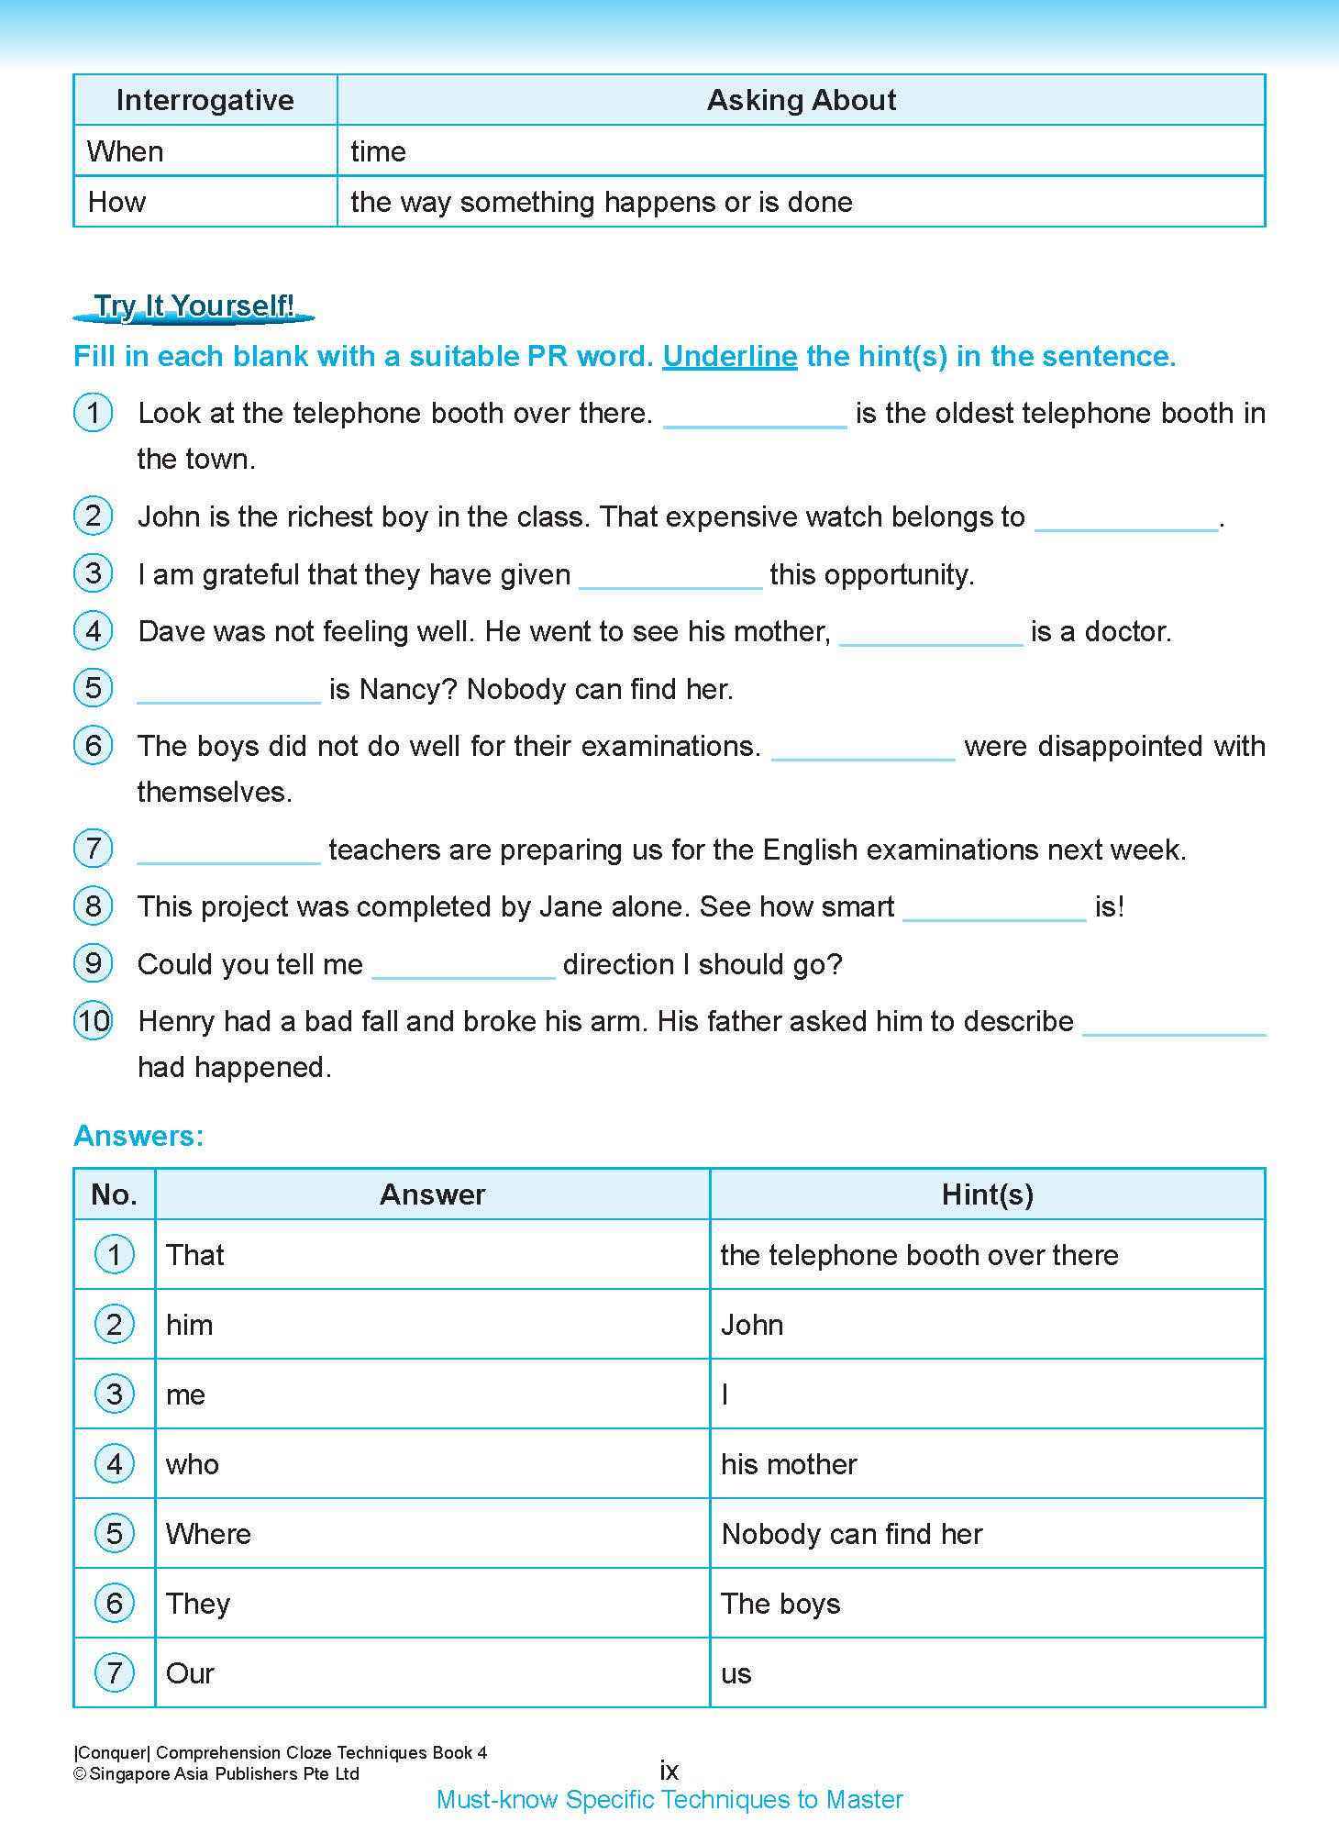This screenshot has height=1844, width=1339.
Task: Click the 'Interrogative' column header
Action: [x=205, y=100]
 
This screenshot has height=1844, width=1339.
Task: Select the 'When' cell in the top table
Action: [x=126, y=151]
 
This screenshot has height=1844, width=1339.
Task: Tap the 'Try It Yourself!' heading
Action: [x=194, y=306]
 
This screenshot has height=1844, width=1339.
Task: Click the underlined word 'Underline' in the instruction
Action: [x=729, y=357]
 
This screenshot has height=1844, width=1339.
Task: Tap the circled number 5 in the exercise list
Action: [x=93, y=688]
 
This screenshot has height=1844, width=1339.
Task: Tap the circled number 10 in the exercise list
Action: [x=93, y=1020]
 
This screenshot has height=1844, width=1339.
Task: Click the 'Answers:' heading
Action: [x=138, y=1136]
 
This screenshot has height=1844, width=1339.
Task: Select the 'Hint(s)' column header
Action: [x=987, y=1194]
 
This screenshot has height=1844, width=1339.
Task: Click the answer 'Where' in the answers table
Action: [x=208, y=1534]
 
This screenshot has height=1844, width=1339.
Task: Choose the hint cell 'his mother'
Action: [x=789, y=1464]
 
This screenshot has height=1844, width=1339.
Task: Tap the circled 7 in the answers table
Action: [x=114, y=1673]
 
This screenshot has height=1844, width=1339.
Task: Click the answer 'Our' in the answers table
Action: [x=190, y=1673]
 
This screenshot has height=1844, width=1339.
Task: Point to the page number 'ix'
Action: [x=669, y=1770]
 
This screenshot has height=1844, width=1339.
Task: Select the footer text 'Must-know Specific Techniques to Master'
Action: [x=669, y=1800]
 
